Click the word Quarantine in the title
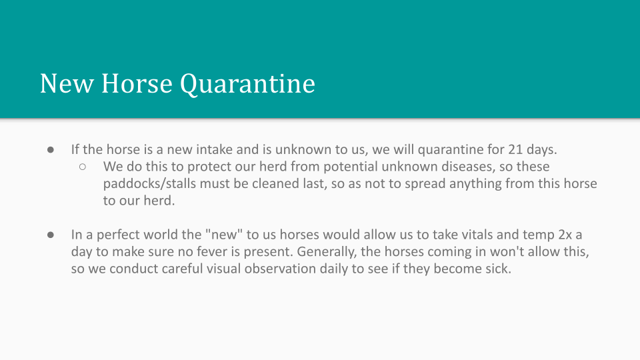247,85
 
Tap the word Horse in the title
137,84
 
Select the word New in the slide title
67,84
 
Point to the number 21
515,149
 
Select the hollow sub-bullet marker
83,167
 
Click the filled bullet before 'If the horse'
51,150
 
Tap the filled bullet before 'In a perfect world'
51,235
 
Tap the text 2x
565,235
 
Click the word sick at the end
498,269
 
